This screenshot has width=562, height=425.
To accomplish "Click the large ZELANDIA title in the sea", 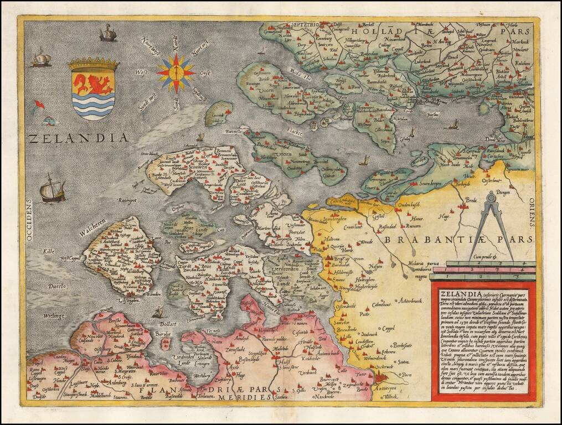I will (x=76, y=138).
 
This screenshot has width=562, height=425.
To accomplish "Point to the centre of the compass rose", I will (x=176, y=72).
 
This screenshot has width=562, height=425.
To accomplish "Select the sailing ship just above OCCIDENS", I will (x=52, y=189).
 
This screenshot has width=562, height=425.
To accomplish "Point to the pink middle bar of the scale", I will (x=482, y=270).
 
